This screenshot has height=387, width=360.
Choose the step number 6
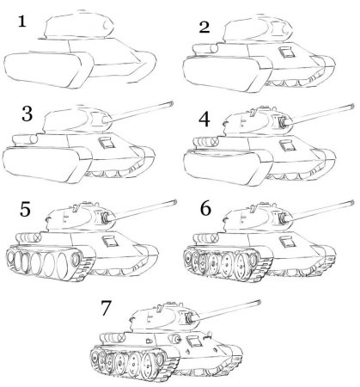204,209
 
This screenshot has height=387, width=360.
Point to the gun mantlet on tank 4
279,126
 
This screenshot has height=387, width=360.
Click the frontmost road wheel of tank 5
80,261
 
